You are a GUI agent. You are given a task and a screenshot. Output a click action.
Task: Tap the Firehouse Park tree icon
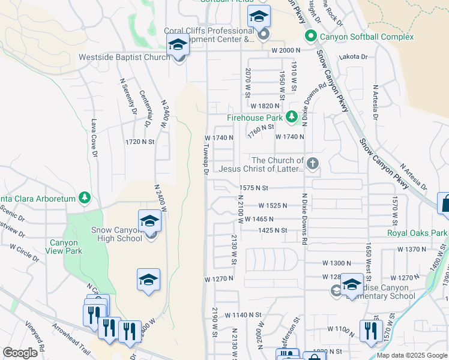pos(292,117)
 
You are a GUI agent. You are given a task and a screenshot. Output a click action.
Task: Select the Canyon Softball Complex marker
pos(311,37)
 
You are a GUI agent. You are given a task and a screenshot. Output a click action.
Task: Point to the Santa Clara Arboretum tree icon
pos(85,197)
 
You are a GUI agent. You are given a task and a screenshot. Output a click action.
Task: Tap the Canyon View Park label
pos(65,247)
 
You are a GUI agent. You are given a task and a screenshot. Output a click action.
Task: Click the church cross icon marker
pos(312,163)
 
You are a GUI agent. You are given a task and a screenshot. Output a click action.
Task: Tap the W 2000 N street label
pos(286,51)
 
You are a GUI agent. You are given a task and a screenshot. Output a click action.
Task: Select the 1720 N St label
pos(140,142)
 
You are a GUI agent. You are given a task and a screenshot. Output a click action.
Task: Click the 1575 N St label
pos(253,188)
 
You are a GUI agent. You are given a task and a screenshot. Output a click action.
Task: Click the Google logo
pos(20,353)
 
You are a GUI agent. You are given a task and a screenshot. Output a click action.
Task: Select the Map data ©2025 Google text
pos(411,355)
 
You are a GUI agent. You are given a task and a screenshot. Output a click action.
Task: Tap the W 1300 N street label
pos(337,263)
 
